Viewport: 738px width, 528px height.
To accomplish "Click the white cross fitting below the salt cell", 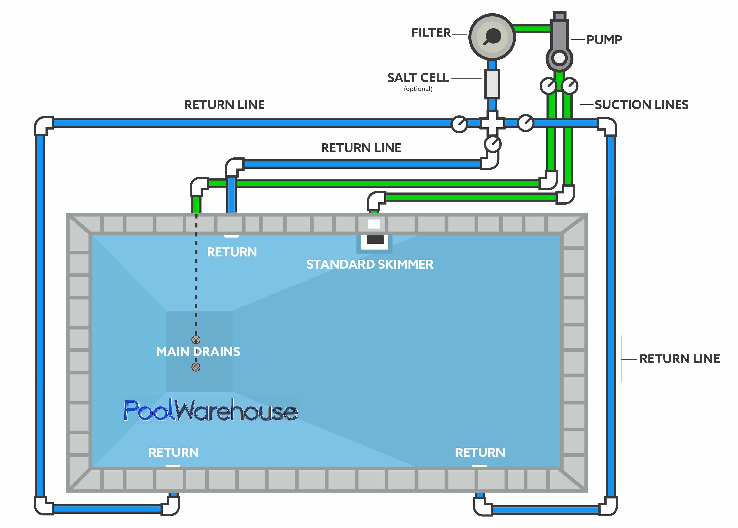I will coord(492,123).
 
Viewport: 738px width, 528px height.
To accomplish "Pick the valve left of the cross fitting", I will coord(459,124).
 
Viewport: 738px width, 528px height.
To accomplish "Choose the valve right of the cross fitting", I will coord(525,123).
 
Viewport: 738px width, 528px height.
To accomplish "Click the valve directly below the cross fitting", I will coord(492,144).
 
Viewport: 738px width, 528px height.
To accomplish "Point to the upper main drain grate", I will coord(196,339).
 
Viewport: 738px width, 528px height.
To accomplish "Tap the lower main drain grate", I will coord(196,367).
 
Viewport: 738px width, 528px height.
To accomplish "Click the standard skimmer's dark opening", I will coord(375,240).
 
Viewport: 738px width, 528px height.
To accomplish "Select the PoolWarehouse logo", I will coord(210,411).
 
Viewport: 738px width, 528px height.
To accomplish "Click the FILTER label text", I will coord(431,33).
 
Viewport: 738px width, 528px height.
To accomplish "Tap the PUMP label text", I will coord(604,40).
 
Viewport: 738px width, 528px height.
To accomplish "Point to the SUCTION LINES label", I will coord(641,105).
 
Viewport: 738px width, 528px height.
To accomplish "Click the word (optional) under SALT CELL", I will coord(418,89).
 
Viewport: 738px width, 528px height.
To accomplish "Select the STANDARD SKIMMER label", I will coord(370,264).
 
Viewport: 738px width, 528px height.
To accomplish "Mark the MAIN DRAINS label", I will coord(198,352).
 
